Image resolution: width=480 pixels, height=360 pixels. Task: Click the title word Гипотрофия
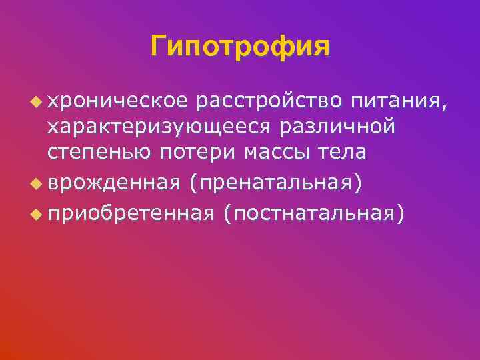tap(240, 47)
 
